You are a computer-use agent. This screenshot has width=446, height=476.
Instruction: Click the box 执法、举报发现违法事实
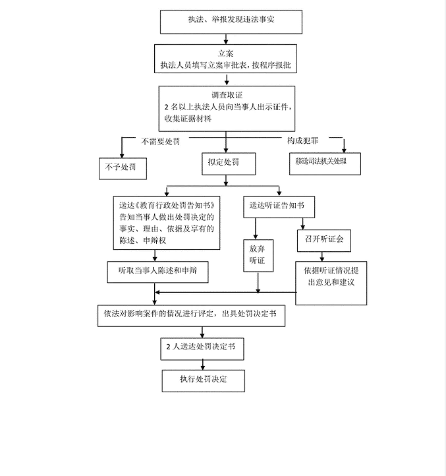click(231, 21)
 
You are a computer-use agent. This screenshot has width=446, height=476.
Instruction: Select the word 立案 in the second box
click(226, 53)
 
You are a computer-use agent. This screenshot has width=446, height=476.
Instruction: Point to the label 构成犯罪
click(302, 141)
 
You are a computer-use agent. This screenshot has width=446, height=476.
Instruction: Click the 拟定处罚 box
click(228, 162)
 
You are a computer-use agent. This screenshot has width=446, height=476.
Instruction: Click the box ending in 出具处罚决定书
click(190, 314)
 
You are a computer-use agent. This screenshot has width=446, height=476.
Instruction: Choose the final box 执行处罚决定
click(204, 380)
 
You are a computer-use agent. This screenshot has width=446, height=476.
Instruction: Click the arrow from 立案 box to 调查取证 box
click(227, 78)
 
